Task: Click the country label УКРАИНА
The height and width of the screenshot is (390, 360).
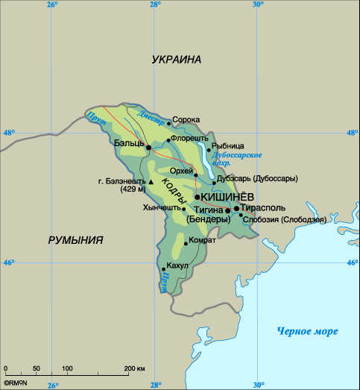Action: coord(177,60)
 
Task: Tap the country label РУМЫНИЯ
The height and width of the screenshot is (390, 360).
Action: coord(75,240)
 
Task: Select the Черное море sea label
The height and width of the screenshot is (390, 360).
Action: coord(307,331)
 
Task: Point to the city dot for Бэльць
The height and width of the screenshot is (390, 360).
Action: coord(148,148)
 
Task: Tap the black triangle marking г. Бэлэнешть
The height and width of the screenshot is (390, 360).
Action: coord(151,181)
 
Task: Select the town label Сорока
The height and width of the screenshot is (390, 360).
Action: coord(186,119)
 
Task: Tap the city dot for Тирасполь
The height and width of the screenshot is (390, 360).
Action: coord(236,209)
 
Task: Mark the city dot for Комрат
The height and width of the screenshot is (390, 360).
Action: coord(185,243)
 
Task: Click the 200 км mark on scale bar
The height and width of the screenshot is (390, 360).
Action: coord(134,369)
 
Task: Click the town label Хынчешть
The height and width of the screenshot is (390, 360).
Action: coord(161,209)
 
